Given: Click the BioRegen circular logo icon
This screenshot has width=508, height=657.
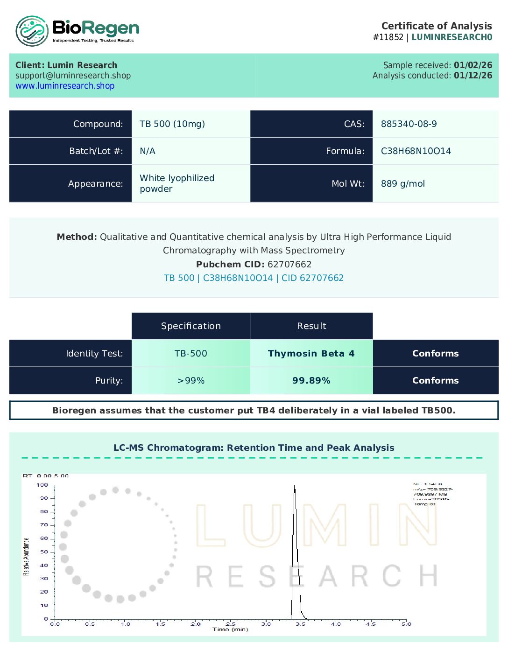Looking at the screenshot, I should [32, 31].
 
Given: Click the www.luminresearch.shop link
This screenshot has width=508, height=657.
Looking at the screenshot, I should [65, 86].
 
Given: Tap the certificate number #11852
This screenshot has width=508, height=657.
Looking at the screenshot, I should [388, 37].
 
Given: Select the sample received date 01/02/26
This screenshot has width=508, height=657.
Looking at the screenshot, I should [473, 65].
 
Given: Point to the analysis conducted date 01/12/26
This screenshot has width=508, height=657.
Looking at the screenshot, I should [473, 76].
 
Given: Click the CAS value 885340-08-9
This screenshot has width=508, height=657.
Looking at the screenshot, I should [409, 124].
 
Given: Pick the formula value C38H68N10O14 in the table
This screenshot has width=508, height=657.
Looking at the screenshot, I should [416, 151].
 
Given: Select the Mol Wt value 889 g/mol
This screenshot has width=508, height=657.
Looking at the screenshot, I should [402, 184].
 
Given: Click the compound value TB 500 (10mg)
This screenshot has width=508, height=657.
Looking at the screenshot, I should [172, 124].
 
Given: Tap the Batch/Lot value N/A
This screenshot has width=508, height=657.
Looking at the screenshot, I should [148, 151].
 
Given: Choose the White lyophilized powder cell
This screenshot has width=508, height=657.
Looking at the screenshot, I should [176, 183].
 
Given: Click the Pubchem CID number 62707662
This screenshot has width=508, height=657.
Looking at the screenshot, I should [289, 265].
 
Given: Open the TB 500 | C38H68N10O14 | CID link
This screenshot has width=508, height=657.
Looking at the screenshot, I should [254, 278].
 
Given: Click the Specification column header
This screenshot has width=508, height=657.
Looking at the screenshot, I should [190, 326].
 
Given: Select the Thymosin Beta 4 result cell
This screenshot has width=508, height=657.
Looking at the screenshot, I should [311, 354].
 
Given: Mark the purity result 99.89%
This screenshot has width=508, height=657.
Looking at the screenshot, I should [311, 381].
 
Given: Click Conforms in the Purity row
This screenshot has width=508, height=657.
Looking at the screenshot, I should [435, 381].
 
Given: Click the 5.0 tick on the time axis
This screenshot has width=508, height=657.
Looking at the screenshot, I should [406, 624].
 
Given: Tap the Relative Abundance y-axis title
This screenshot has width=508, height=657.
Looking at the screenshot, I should [26, 557].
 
